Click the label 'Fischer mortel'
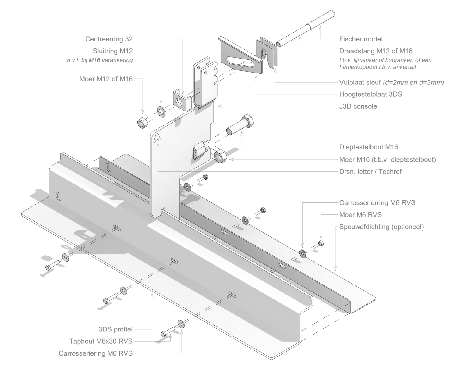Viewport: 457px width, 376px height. point(361,39)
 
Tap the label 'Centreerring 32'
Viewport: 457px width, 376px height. point(109,39)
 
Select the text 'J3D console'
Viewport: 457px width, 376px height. point(358,106)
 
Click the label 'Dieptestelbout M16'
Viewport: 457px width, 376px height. point(369,147)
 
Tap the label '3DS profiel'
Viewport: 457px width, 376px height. point(115,329)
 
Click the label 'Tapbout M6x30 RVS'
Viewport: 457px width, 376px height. point(101,341)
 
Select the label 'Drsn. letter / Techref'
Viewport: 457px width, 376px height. point(370,172)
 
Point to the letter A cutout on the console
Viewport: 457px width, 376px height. point(157,138)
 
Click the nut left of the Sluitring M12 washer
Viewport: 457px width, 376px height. point(142,123)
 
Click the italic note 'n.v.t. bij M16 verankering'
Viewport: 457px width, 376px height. point(100,60)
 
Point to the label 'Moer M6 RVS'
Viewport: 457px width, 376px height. point(360,215)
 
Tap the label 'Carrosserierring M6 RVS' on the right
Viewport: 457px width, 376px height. point(377,202)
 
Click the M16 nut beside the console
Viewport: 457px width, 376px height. point(220,156)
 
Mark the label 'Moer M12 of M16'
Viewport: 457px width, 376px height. point(106,79)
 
